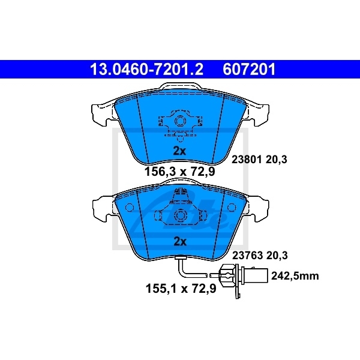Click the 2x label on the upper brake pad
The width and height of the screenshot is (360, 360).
tap(180, 150)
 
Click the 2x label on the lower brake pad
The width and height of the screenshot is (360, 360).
tap(180, 242)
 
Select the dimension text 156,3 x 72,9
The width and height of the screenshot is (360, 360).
tap(180, 171)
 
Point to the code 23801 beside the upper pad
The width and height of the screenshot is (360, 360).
tap(247, 160)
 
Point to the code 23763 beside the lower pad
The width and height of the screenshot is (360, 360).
tap(247, 255)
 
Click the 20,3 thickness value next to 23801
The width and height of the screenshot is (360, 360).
tap(279, 160)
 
